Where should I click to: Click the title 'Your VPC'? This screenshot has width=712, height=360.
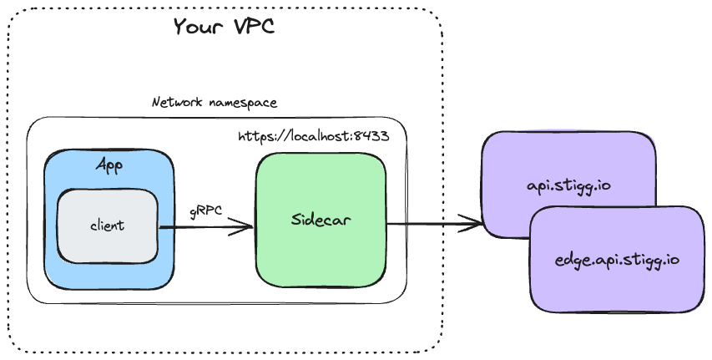point(224,27)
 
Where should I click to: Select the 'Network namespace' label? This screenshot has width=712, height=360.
point(215,103)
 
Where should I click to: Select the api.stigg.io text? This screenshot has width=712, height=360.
point(568,184)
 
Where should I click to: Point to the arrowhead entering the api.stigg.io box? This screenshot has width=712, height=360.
point(476,223)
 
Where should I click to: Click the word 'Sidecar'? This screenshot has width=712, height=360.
point(321,221)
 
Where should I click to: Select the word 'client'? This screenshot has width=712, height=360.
point(107,226)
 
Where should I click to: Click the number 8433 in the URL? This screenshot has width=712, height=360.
point(372,135)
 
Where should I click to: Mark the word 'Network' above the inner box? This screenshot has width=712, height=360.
point(176,103)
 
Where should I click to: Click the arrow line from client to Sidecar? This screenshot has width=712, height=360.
point(200,226)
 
